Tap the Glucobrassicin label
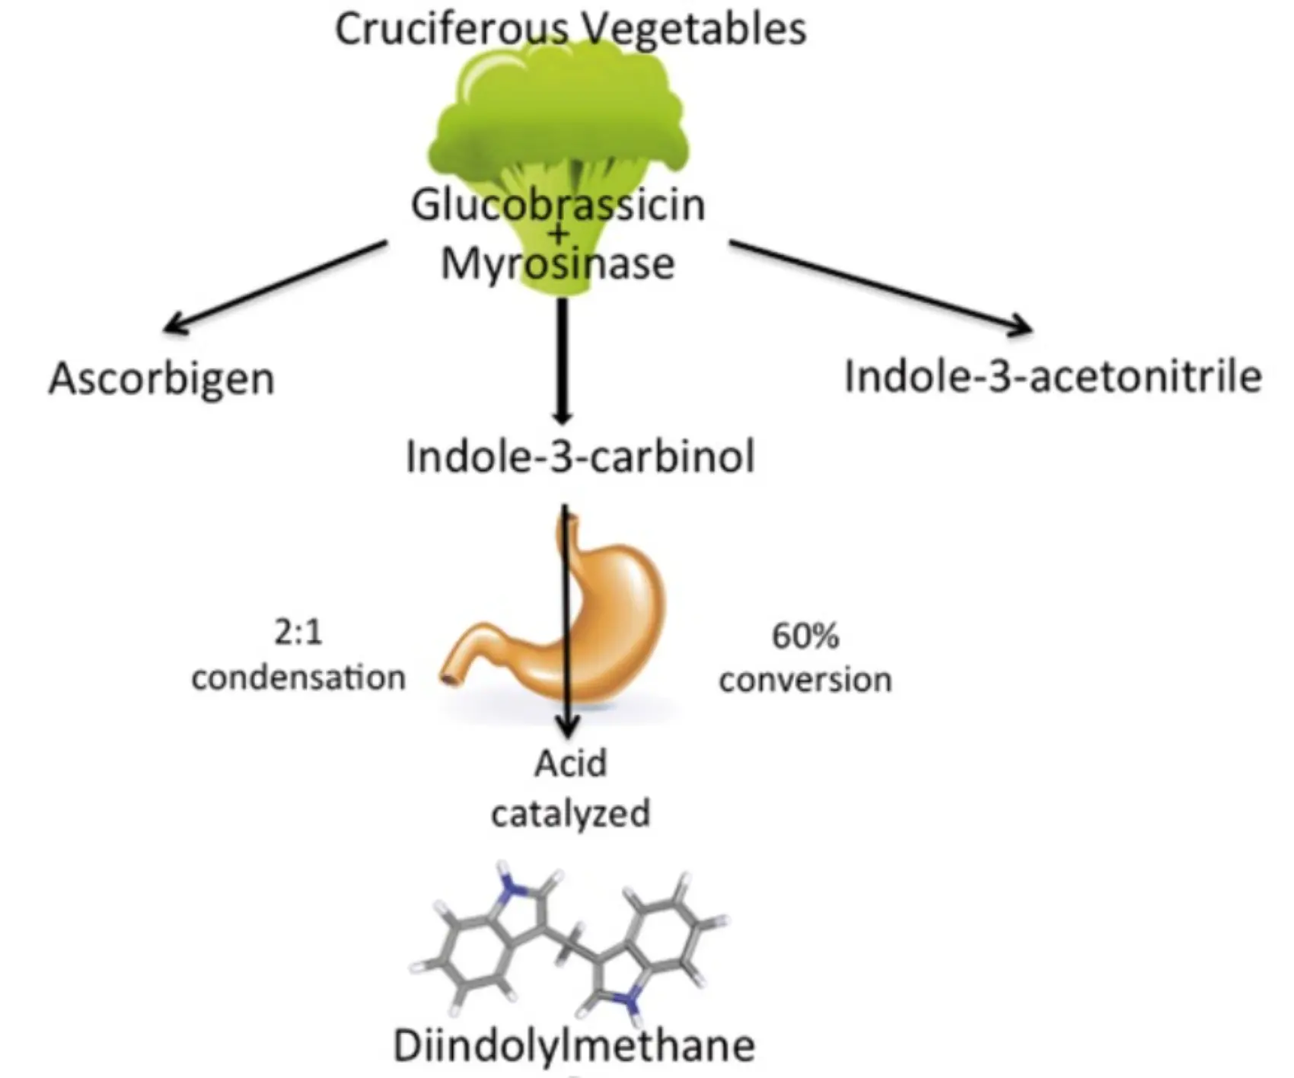558,206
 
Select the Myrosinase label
558,264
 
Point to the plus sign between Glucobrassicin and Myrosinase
559,234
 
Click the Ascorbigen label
161,378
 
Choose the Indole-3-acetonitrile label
1053,377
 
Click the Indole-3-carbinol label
580,458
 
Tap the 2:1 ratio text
298,633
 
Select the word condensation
298,678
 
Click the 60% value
805,636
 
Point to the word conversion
805,680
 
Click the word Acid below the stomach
570,764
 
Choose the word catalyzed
570,813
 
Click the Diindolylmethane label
574,1045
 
